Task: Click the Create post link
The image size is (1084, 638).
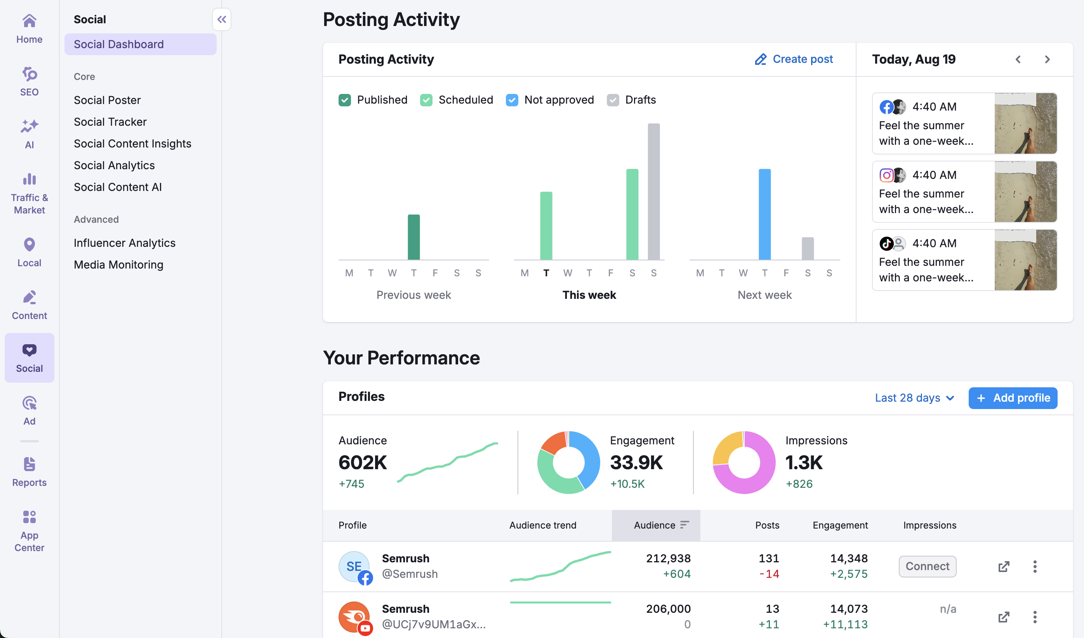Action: pyautogui.click(x=794, y=59)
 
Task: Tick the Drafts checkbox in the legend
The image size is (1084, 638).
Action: pyautogui.click(x=613, y=100)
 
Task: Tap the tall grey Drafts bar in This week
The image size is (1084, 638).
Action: pyautogui.click(x=653, y=191)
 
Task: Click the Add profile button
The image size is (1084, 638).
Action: pyautogui.click(x=1013, y=398)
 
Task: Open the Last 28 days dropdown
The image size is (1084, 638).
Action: pyautogui.click(x=914, y=398)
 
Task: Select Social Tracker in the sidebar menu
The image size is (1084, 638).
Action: pyautogui.click(x=110, y=122)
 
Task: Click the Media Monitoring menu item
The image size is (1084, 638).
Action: pyautogui.click(x=118, y=264)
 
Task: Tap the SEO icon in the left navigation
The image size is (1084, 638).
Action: pyautogui.click(x=29, y=75)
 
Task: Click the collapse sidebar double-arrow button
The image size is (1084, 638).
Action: pyautogui.click(x=222, y=19)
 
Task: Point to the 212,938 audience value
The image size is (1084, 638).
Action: pyautogui.click(x=668, y=558)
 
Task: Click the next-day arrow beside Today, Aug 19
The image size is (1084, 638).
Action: pyautogui.click(x=1047, y=59)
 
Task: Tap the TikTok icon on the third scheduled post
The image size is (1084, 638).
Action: pyautogui.click(x=886, y=243)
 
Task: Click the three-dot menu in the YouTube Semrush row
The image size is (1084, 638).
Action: pyautogui.click(x=1035, y=617)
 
